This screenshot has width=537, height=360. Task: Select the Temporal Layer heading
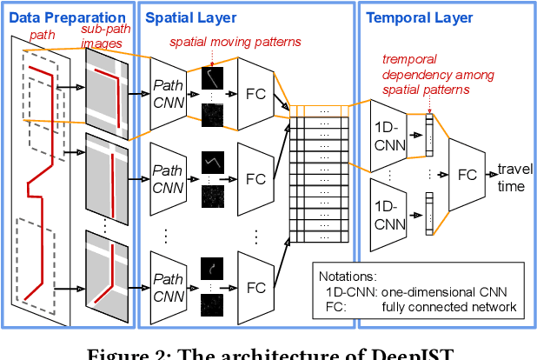[419, 17]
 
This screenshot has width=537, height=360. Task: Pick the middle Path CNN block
[174, 178]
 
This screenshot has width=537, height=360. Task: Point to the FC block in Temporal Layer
[467, 175]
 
